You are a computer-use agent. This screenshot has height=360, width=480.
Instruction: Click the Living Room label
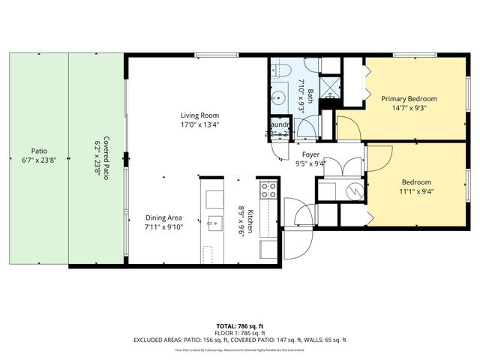(x=199, y=115)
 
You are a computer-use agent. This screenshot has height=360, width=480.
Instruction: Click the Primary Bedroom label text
(x=409, y=98)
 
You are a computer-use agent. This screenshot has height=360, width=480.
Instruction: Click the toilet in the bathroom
(x=281, y=71)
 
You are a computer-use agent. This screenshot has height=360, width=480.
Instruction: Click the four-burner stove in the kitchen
(x=268, y=190)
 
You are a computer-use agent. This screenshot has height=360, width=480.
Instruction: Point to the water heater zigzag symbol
(x=352, y=192)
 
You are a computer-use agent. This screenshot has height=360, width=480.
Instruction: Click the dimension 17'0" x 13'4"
(x=199, y=125)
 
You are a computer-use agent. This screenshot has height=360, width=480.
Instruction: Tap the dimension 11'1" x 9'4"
(x=416, y=191)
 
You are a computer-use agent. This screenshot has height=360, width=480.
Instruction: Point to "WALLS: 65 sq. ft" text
(x=326, y=340)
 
